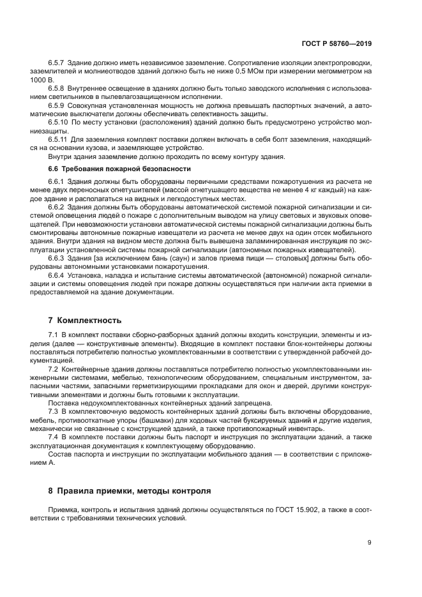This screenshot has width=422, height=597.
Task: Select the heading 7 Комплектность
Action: coord(85,319)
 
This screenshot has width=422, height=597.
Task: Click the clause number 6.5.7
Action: coord(58,64)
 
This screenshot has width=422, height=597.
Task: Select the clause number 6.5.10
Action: coord(60,121)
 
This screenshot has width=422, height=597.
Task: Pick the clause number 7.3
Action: coord(54,412)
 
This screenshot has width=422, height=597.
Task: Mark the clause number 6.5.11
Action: coord(60,139)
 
